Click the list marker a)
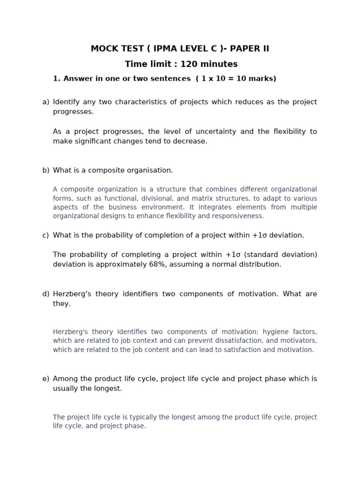click(x=45, y=102)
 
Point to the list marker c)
click(x=45, y=235)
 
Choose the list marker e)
click(x=45, y=379)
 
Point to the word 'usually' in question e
click(x=66, y=389)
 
